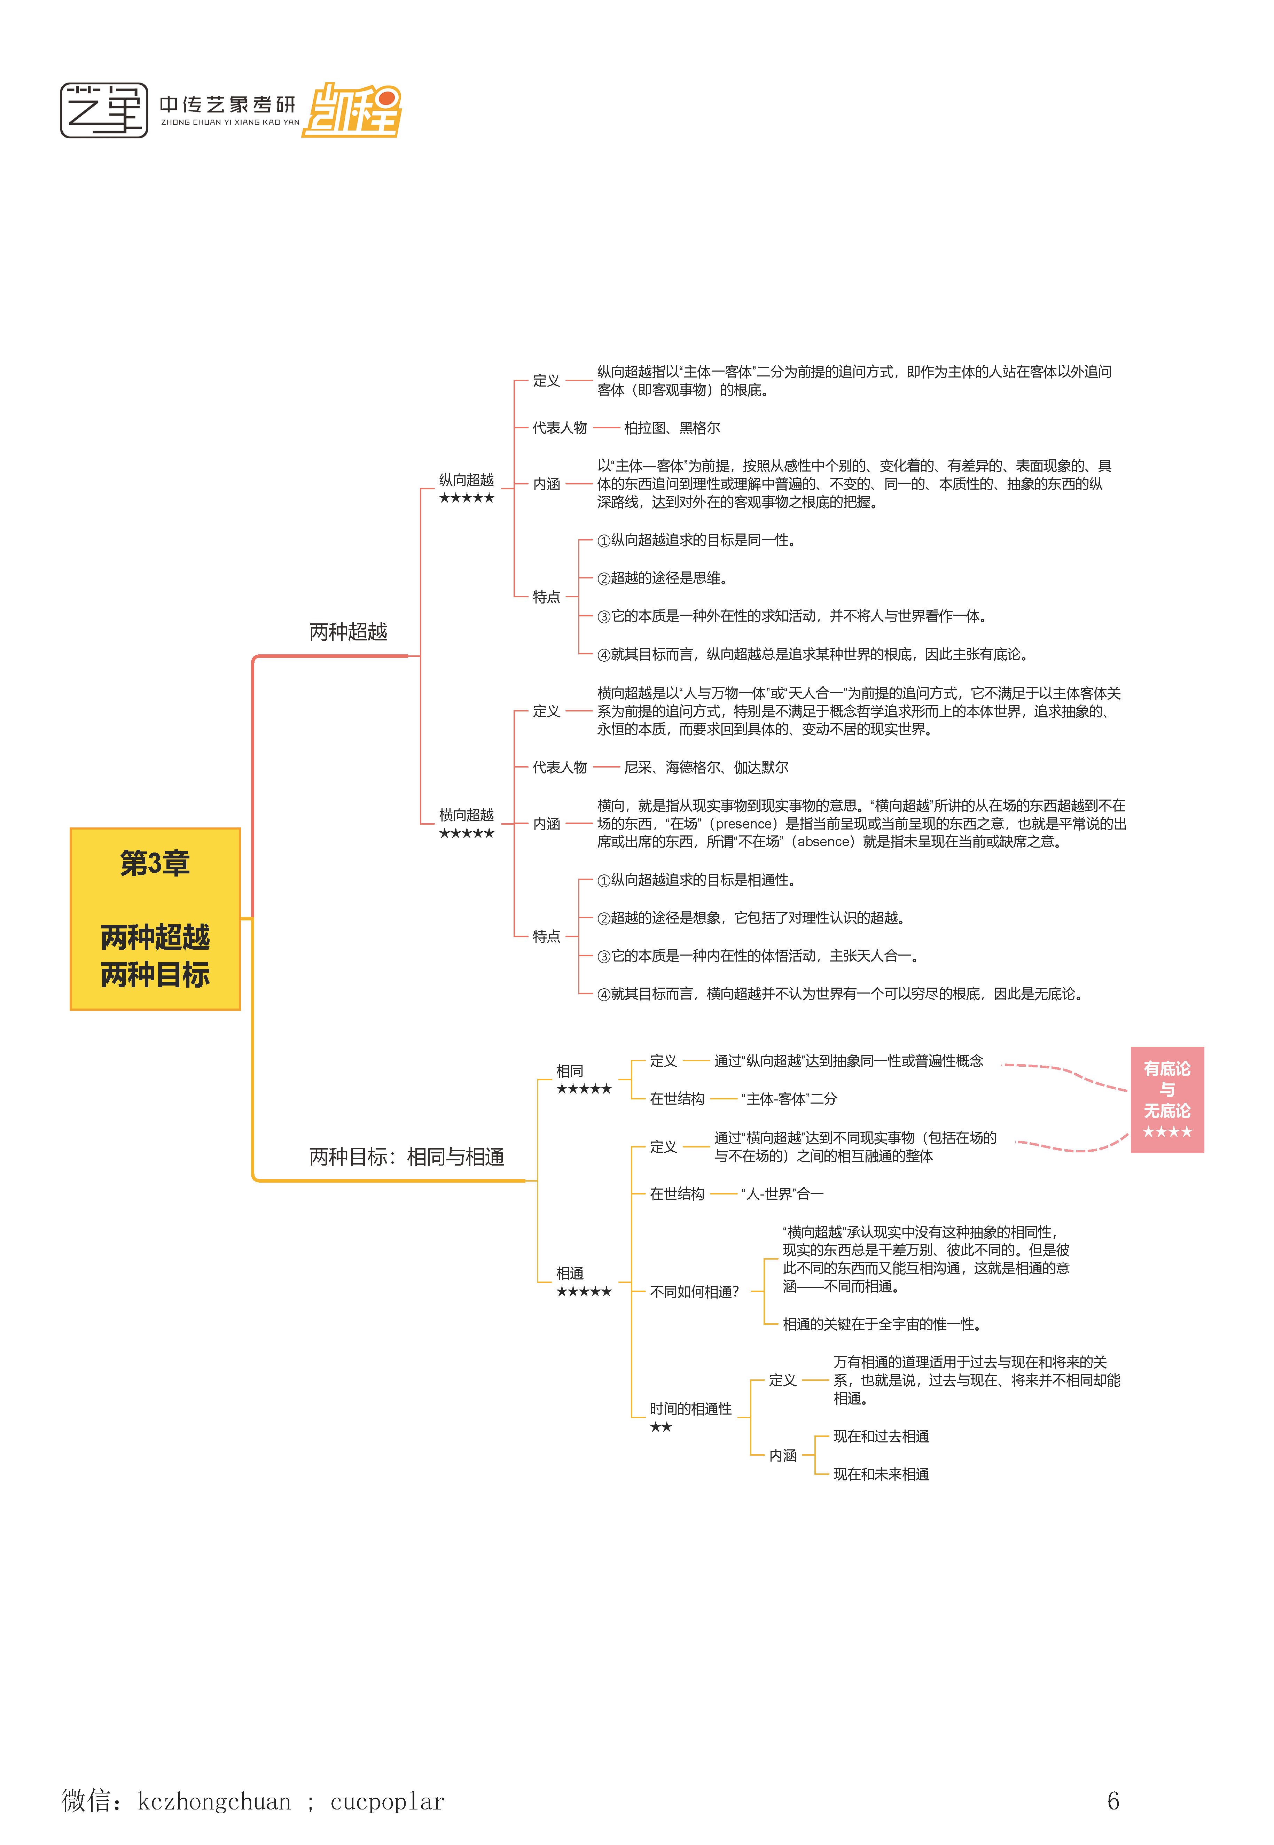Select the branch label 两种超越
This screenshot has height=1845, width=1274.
click(x=348, y=632)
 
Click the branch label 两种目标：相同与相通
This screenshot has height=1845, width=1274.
click(x=406, y=1157)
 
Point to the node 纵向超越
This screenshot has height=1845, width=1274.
click(x=466, y=480)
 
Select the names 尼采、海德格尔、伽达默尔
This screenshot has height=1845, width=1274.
click(x=706, y=767)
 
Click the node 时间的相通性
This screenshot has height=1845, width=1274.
click(x=690, y=1408)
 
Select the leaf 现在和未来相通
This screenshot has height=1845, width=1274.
click(x=881, y=1474)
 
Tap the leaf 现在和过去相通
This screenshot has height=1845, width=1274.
click(x=881, y=1436)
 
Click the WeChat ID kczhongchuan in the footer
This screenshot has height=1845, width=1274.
click(x=214, y=1802)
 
